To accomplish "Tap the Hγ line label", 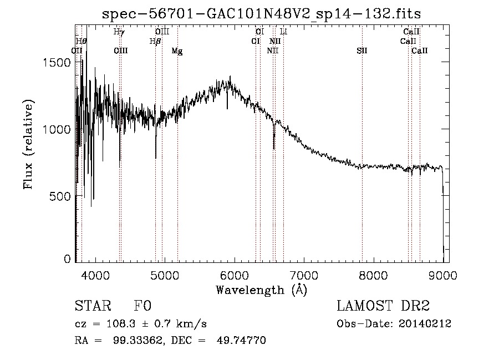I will tap(119, 32).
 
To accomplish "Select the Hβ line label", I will tap(155, 41).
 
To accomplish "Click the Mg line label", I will tap(177, 51).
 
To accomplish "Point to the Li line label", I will tap(283, 32).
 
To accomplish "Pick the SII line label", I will tap(362, 51).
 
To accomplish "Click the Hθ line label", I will tap(82, 41).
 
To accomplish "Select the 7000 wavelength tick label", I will tap(304, 275).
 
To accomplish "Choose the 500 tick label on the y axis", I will tap(61, 196).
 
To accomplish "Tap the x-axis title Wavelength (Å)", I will tap(261, 290).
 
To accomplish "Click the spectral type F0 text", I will tap(142, 306).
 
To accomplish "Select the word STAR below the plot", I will tap(93, 306).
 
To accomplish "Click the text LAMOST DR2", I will tap(383, 306).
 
